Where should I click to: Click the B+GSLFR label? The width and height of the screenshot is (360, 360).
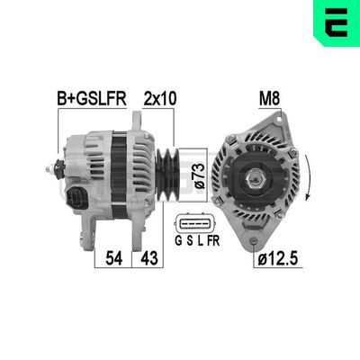pyautogui.click(x=93, y=97)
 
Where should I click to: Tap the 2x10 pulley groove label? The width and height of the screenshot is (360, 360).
pyautogui.click(x=159, y=97)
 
